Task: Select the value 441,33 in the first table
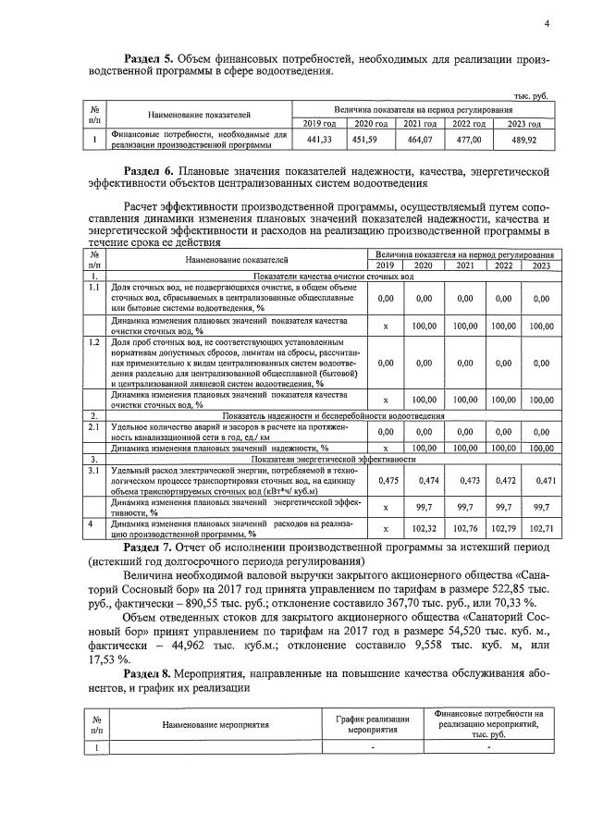tap(319, 140)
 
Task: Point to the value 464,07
tap(421, 140)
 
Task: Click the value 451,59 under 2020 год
tap(371, 140)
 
